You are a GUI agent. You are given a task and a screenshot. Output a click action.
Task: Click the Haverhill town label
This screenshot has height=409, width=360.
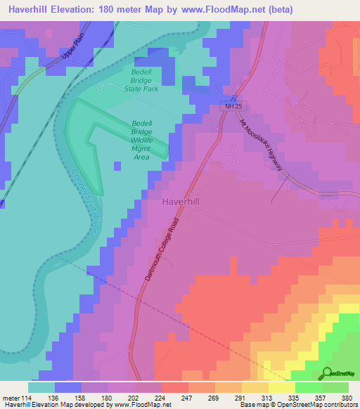coord(181,202)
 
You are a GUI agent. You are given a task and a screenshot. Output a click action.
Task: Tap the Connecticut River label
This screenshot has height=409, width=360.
coord(84,201)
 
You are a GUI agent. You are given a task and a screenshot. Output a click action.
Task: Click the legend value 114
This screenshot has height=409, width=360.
coord(28,398)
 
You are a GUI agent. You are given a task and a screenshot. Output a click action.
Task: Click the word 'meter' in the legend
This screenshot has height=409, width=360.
coord(11,398)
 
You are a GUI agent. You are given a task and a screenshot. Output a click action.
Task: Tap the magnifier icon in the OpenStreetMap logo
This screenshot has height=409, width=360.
coord(326,372)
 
